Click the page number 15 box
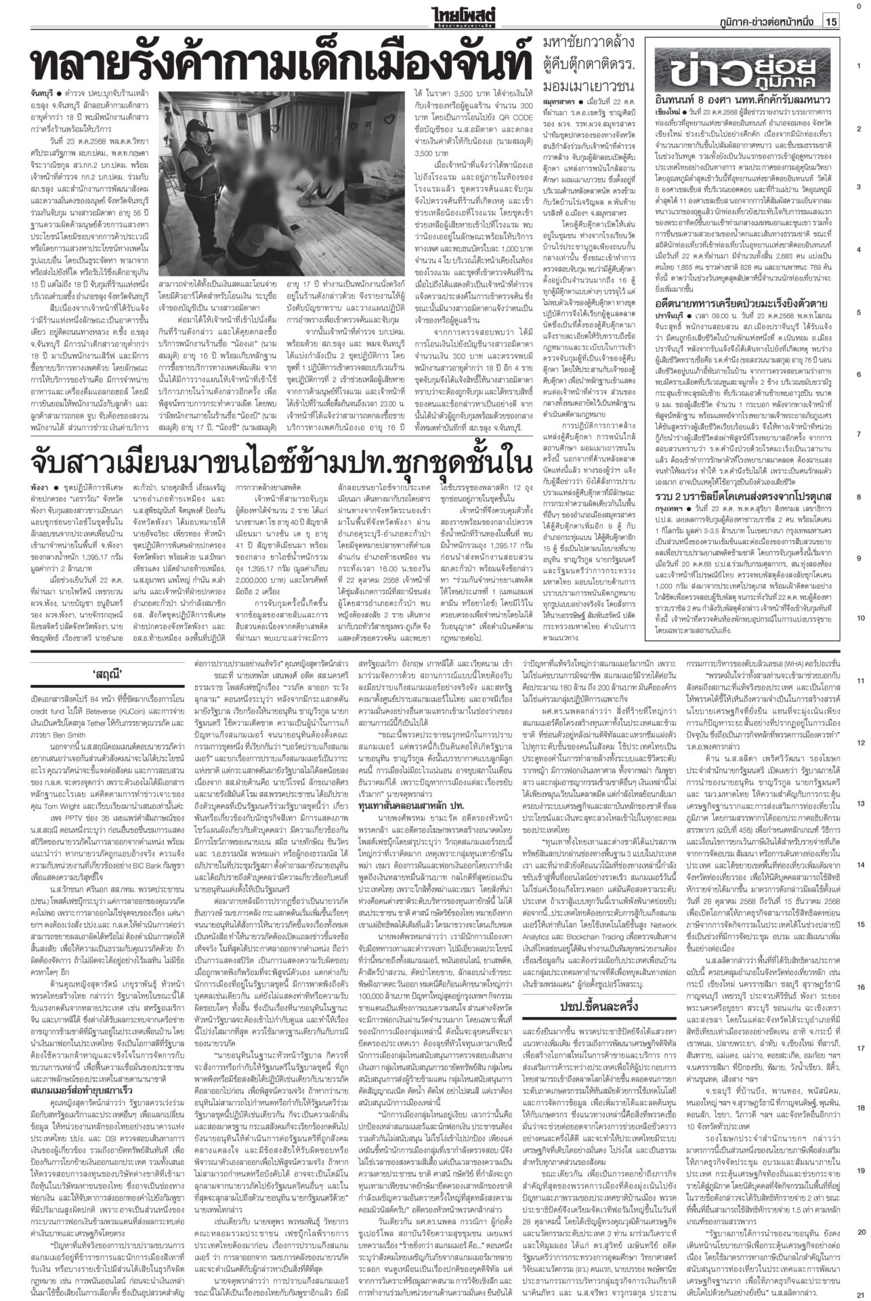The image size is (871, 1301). click(831, 22)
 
